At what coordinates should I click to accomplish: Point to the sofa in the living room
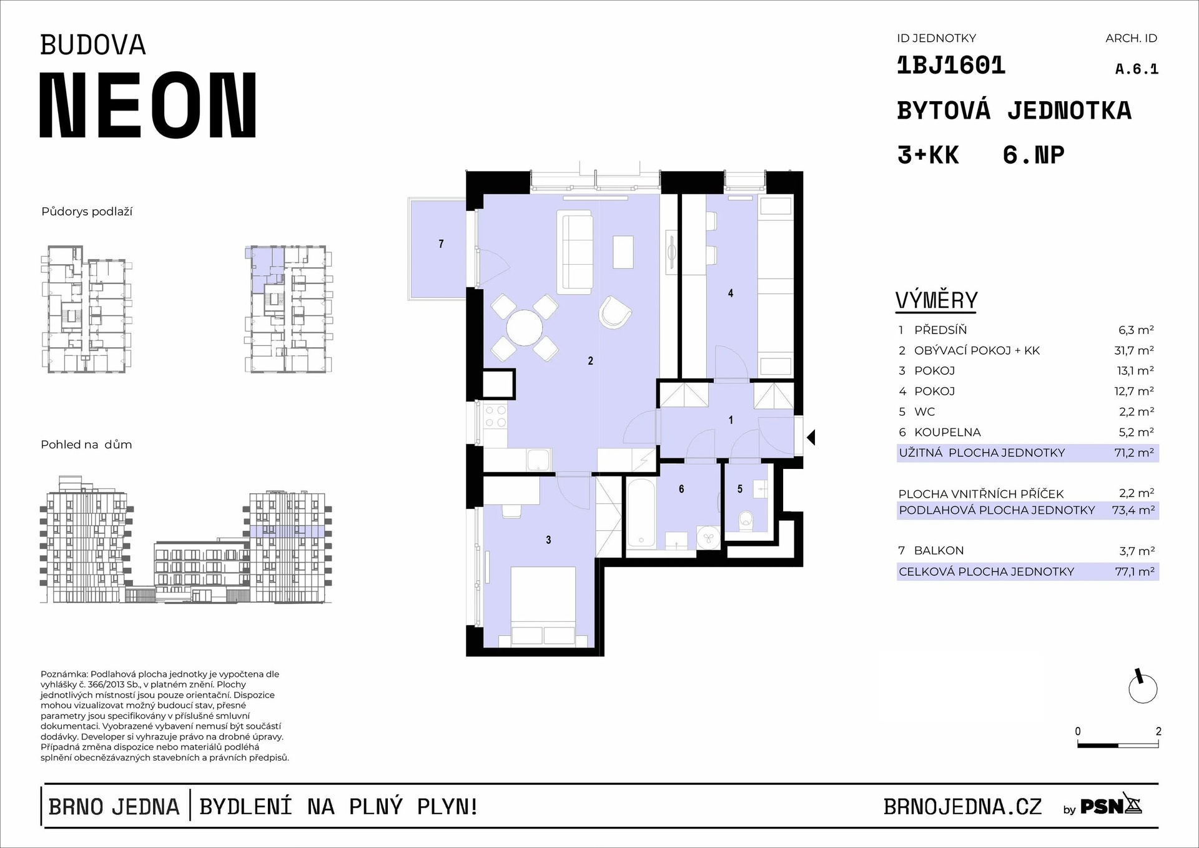point(575,253)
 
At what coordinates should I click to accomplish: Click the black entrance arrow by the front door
point(811,437)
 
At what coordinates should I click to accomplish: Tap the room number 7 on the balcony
point(442,244)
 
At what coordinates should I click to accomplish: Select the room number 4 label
point(731,293)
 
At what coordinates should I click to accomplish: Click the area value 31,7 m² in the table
point(1134,350)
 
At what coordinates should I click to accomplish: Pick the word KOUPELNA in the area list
point(947,432)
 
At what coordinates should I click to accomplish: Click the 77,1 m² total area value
point(1134,571)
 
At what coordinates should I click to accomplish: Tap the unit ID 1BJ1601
point(950,66)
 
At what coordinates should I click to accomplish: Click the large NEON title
point(149,105)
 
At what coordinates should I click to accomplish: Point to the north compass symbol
point(1143,688)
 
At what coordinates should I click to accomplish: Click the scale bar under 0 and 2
point(1118,745)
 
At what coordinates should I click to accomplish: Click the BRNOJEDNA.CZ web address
point(962,807)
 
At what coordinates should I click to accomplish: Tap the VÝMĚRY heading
point(936,301)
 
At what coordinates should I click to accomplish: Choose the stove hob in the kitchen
point(495,417)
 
